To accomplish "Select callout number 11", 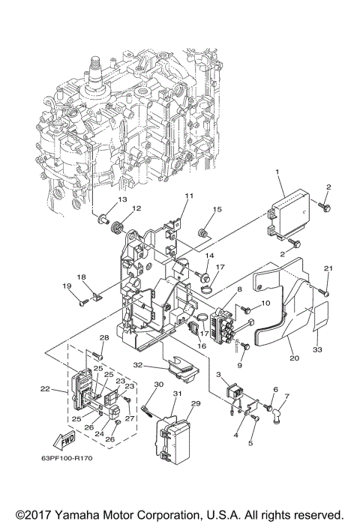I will pyautogui.click(x=189, y=196).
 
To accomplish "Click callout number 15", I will pyautogui.click(x=218, y=209).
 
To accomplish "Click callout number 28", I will pyautogui.click(x=104, y=339).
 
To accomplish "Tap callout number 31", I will pyautogui.click(x=177, y=394).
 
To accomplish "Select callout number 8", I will pyautogui.click(x=239, y=289).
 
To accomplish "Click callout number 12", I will pyautogui.click(x=136, y=208).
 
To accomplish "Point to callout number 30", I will pyautogui.click(x=158, y=385).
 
